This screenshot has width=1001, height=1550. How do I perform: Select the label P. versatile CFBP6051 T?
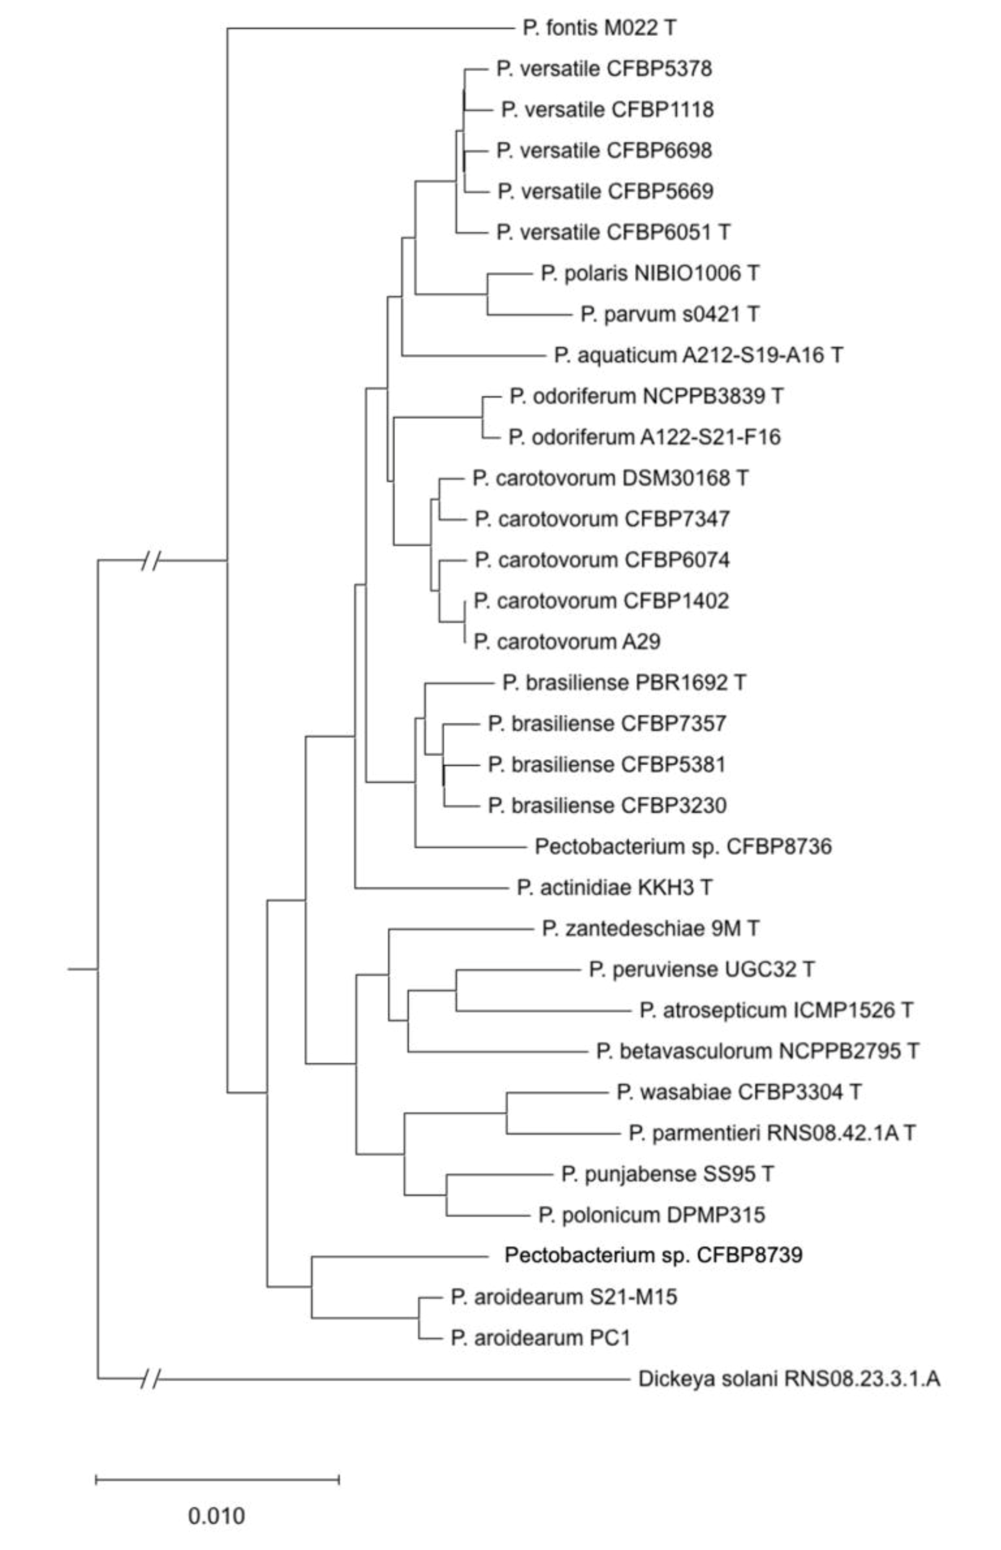click(613, 232)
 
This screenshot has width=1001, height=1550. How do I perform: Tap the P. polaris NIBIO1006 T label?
click(649, 273)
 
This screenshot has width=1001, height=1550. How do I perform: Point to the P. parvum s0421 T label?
click(669, 315)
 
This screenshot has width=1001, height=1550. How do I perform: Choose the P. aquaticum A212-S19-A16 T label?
click(698, 356)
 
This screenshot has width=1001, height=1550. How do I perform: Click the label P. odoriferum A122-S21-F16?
click(644, 438)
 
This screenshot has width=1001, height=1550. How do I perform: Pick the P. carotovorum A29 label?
click(566, 642)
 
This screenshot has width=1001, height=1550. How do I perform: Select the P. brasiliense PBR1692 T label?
click(624, 683)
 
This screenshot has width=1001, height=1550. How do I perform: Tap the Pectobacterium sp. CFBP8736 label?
click(683, 847)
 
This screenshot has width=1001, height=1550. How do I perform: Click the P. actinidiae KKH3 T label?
click(614, 887)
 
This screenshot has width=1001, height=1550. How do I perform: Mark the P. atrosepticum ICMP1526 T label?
click(776, 1010)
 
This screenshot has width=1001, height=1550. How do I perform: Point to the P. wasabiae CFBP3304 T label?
click(738, 1092)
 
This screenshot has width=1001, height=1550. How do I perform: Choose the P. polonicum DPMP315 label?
click(651, 1215)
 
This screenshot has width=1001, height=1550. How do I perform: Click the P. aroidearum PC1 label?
click(540, 1338)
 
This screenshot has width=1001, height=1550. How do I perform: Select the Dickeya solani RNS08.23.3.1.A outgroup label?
click(789, 1379)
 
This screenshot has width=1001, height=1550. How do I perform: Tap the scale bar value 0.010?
click(216, 1516)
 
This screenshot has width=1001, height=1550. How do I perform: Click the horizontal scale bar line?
click(217, 1481)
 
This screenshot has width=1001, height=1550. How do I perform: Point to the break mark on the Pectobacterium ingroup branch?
click(151, 560)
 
